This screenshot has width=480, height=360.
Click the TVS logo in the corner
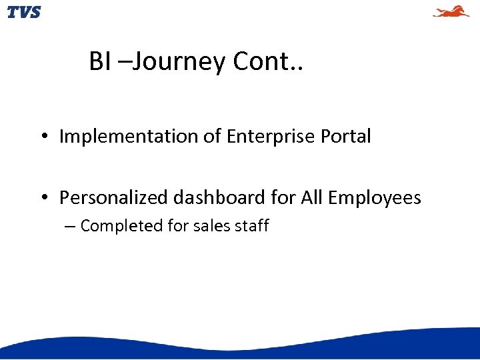[24, 12]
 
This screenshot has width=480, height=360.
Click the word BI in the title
[100, 62]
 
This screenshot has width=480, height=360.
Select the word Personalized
[114, 198]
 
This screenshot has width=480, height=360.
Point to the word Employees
[375, 198]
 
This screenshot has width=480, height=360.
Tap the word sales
[211, 226]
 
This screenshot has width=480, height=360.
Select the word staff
[251, 226]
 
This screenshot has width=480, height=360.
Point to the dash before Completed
[70, 227]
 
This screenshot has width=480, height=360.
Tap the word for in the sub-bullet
[178, 226]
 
